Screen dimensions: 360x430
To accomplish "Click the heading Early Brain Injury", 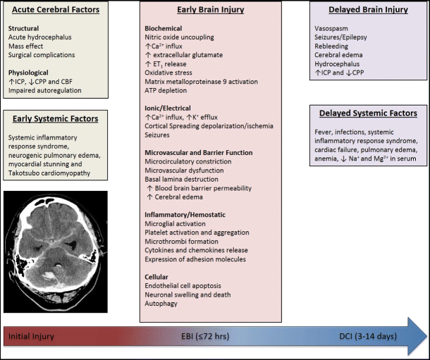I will tap(211, 11).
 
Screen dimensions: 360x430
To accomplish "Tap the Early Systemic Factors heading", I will tap(55, 118).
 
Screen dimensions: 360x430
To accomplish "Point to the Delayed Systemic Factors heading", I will tap(368, 113).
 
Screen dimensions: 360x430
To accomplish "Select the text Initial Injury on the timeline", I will tap(31, 336).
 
